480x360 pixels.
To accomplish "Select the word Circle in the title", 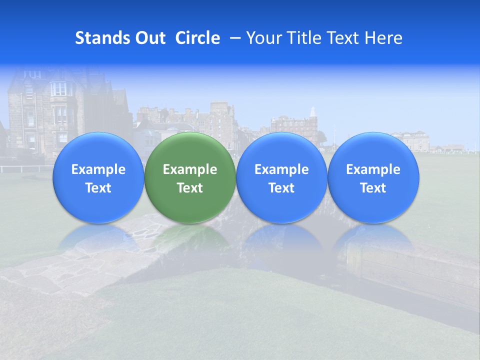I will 197,38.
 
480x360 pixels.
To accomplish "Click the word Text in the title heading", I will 343,38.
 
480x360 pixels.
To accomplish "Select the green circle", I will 190,177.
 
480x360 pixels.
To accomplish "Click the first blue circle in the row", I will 98,177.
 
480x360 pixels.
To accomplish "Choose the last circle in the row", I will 373,177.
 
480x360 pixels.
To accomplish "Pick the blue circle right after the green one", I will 281,177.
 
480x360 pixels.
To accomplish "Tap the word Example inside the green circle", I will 190,169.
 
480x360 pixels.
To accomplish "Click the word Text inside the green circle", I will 190,188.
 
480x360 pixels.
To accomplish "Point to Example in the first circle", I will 98,169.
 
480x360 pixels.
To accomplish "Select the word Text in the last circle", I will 373,188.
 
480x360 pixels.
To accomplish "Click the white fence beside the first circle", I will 25,168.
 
